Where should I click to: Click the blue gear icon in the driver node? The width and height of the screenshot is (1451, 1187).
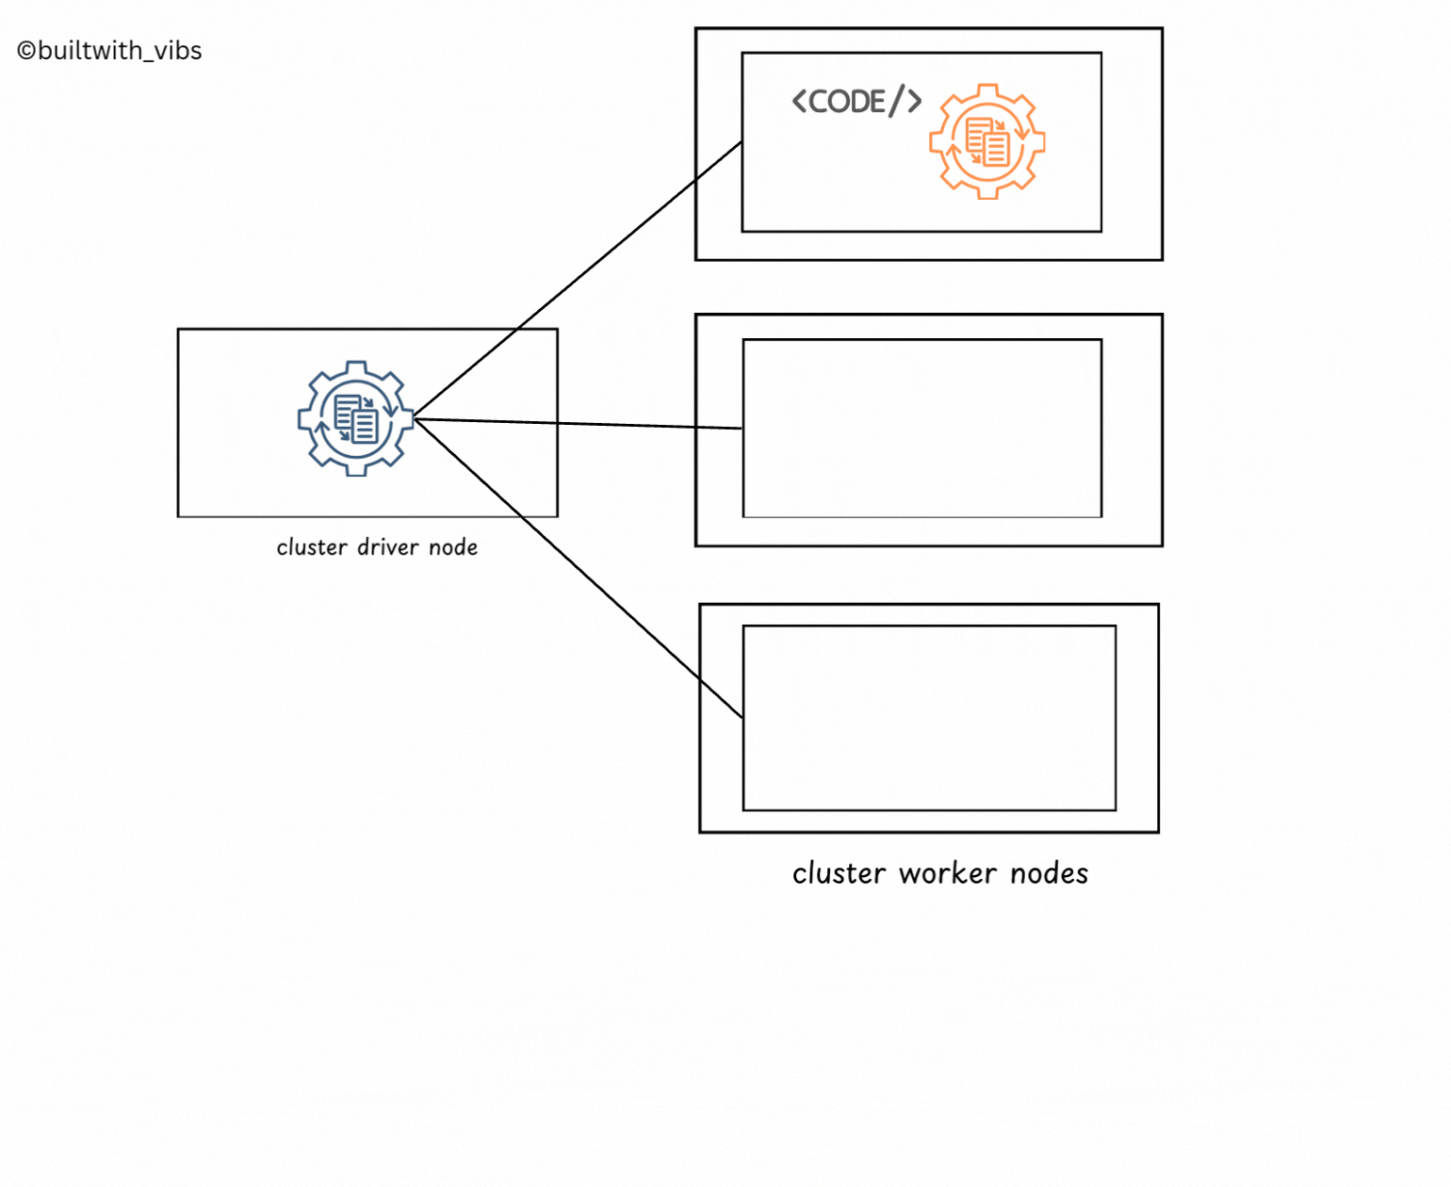tap(356, 418)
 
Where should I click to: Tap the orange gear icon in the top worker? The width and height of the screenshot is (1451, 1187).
tap(987, 141)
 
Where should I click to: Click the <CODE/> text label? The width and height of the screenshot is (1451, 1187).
tap(856, 103)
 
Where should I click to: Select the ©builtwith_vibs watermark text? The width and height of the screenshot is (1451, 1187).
tap(109, 51)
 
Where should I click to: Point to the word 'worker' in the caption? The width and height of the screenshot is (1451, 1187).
tap(947, 873)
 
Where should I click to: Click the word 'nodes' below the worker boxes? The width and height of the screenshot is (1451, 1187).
tap(1050, 873)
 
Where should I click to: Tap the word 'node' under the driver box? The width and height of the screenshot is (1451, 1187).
tap(452, 547)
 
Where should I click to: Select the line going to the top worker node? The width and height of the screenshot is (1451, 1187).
tap(578, 280)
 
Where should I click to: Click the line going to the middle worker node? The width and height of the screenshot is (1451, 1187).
tap(578, 423)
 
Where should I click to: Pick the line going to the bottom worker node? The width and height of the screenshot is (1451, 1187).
tap(578, 568)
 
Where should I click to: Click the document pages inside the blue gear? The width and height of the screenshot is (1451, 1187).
tap(356, 418)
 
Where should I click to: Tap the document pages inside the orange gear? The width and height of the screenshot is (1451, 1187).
tap(987, 141)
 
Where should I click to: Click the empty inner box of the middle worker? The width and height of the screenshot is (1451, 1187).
tap(921, 428)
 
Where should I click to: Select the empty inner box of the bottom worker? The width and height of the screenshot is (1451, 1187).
tap(929, 718)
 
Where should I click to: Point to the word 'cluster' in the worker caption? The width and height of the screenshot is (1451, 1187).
tap(839, 873)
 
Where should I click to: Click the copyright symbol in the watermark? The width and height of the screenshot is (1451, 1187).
tap(26, 51)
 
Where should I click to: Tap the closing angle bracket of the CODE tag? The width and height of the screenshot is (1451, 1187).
tap(914, 102)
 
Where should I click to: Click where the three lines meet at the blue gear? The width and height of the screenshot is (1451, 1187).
tap(416, 418)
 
